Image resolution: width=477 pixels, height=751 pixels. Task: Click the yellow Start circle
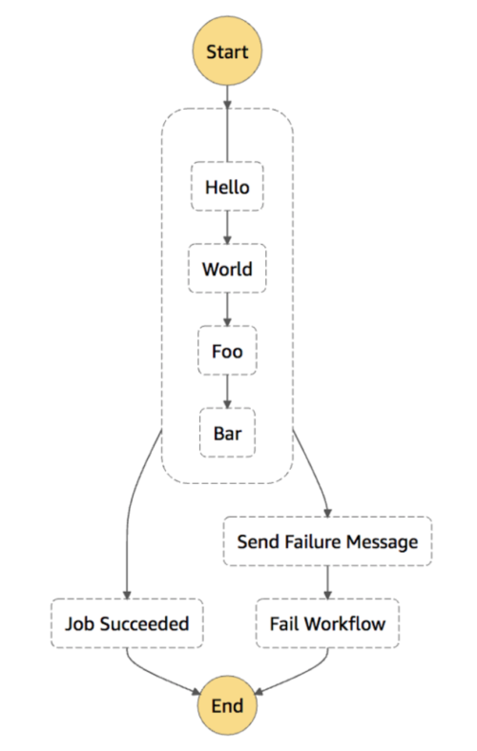[227, 51]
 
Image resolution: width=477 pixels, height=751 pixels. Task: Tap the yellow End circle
[227, 705]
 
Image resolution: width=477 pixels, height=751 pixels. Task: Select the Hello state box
[227, 186]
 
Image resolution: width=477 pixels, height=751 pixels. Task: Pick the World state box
[227, 268]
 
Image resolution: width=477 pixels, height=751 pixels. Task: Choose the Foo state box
[227, 351]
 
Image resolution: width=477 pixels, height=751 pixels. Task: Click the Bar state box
[227, 433]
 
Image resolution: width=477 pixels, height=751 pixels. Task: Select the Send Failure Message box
[327, 541]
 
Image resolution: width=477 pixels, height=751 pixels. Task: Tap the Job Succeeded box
[127, 623]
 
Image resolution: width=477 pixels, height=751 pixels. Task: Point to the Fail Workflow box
[327, 623]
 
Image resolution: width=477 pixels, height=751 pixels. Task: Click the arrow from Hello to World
[227, 228]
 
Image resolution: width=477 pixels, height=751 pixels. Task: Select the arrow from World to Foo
[227, 310]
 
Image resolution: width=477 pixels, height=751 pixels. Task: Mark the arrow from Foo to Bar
[227, 392]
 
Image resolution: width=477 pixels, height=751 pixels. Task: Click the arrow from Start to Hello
[227, 124]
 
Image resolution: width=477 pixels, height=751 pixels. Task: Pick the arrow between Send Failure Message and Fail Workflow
[327, 582]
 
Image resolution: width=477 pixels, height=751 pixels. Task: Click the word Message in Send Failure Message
[383, 541]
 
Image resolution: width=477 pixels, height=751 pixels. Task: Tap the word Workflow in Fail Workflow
[344, 623]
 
